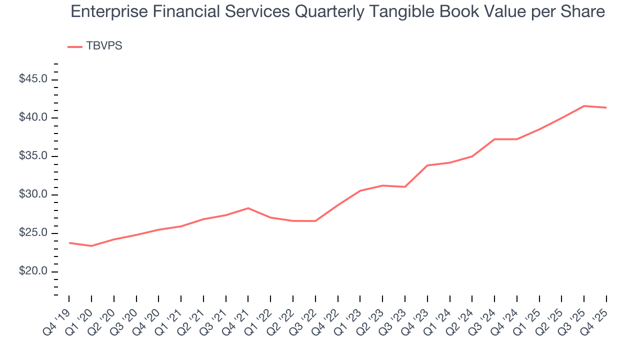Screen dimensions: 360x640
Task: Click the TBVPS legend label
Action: point(104,46)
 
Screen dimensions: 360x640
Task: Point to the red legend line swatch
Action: point(74,46)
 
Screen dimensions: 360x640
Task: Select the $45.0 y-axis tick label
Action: point(34,79)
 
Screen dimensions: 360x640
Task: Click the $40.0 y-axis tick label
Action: point(34,118)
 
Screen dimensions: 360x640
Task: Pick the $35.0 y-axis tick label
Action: point(34,156)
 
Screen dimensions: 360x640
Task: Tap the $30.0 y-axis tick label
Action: point(34,195)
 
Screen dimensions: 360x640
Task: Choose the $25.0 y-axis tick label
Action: point(34,233)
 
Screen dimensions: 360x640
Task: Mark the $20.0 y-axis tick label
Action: point(34,272)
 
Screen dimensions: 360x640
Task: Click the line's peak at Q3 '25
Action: point(584,106)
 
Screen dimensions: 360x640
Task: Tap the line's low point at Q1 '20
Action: point(91,246)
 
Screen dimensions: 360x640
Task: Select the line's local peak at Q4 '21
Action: point(248,208)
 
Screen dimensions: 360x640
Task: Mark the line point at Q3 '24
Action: point(494,139)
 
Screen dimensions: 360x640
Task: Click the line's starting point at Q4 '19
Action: point(69,243)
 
